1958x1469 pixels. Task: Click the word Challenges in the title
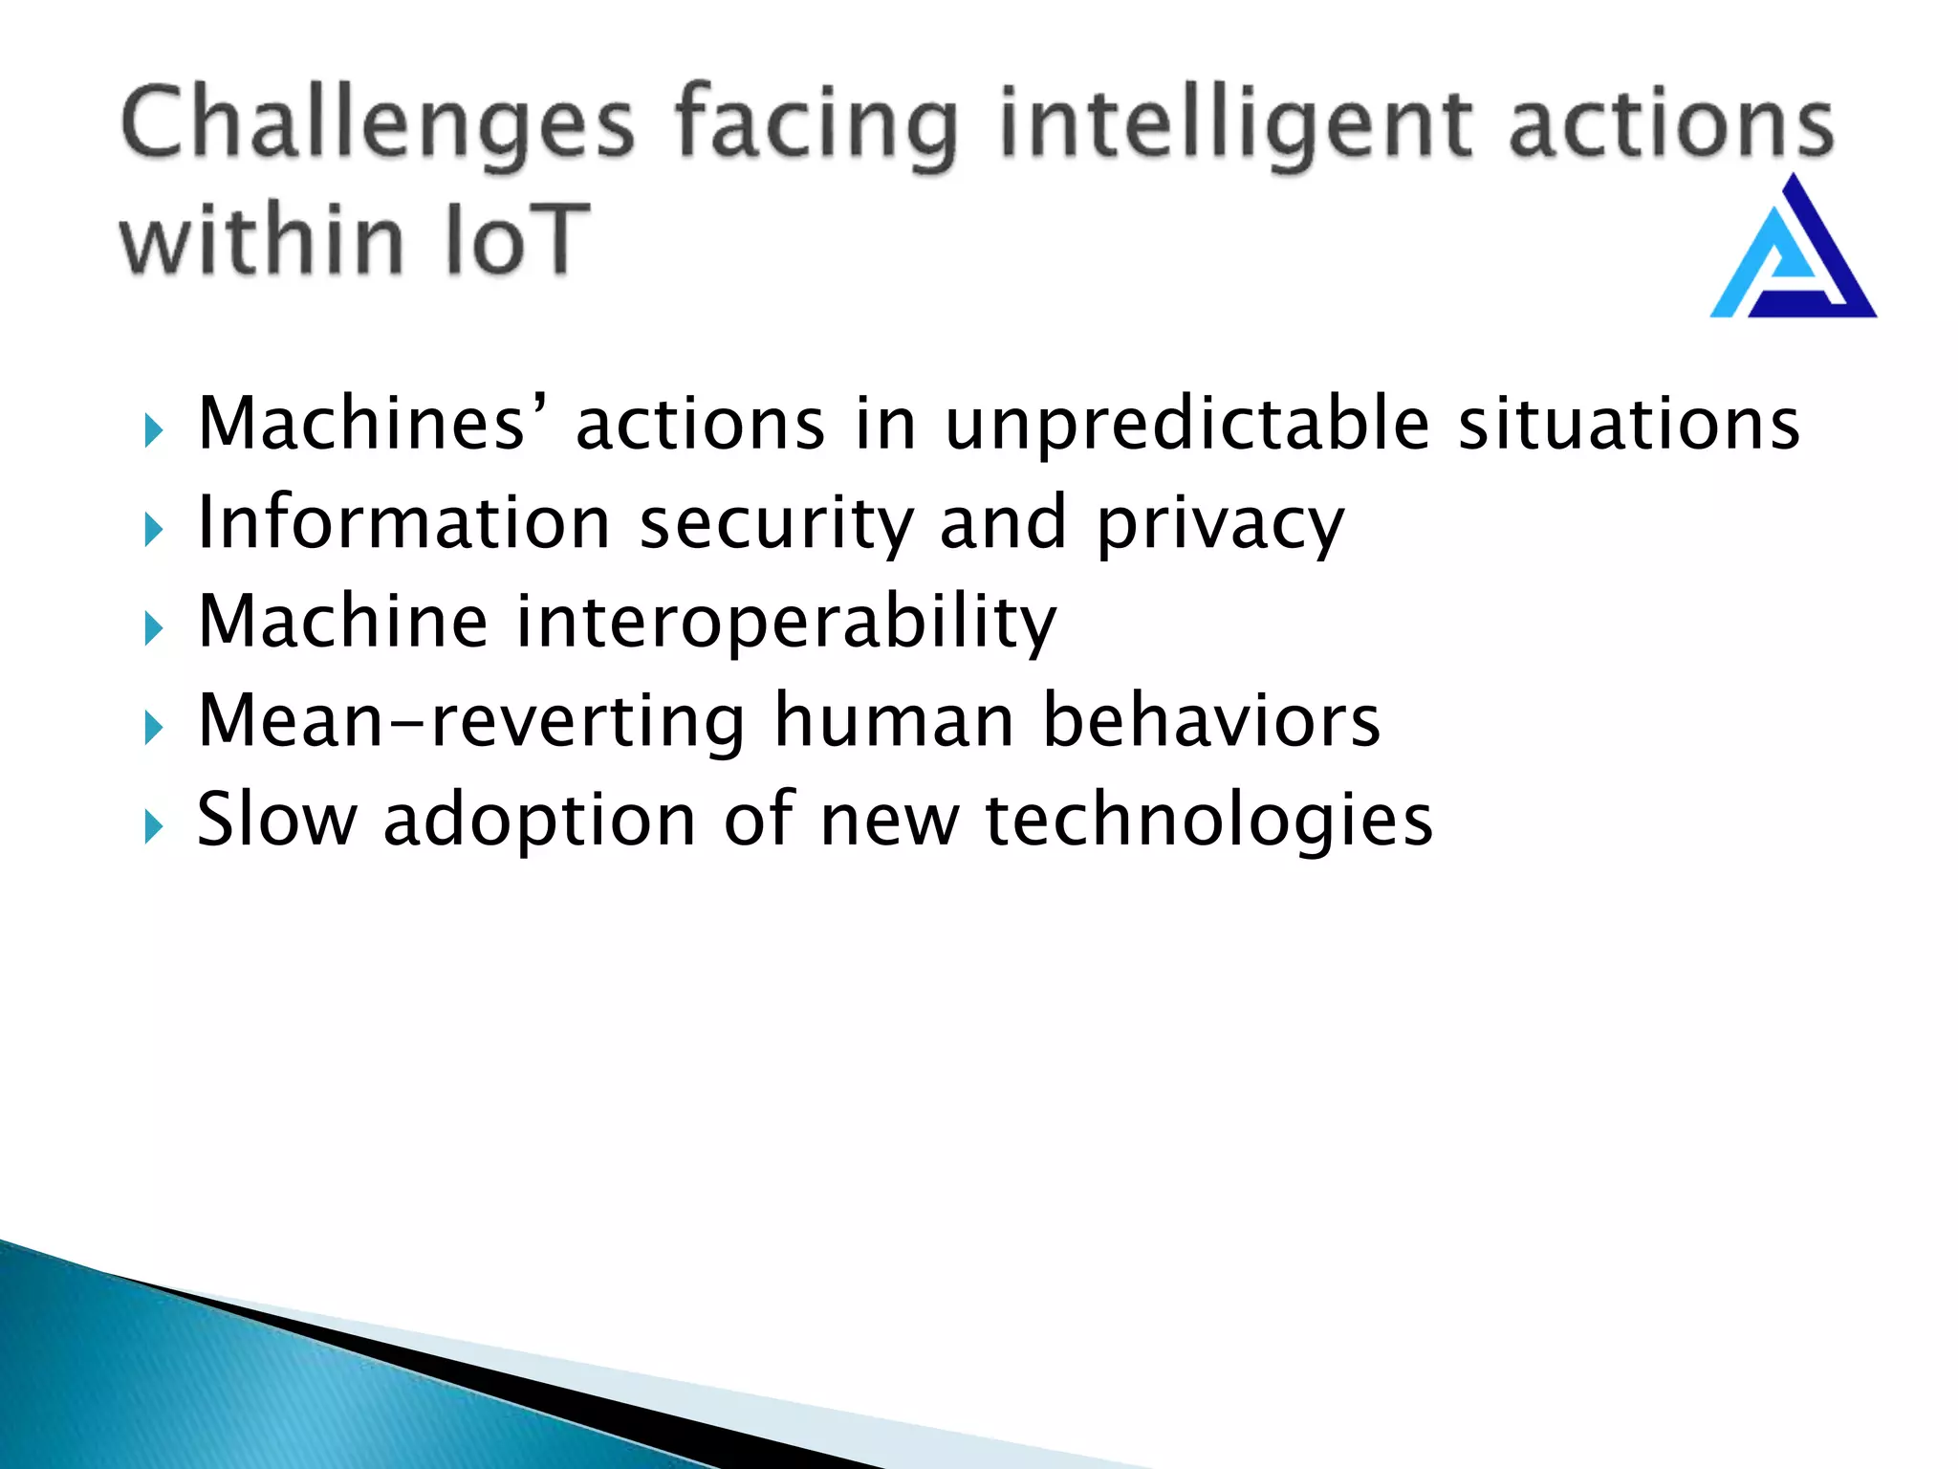point(378,124)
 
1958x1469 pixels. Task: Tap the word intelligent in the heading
point(1233,124)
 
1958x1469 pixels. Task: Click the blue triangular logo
point(1793,251)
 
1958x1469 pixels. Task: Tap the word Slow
point(276,820)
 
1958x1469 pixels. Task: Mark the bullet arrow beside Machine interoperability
point(154,628)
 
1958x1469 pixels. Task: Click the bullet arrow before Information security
point(154,529)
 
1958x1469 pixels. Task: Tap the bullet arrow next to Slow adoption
point(154,826)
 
